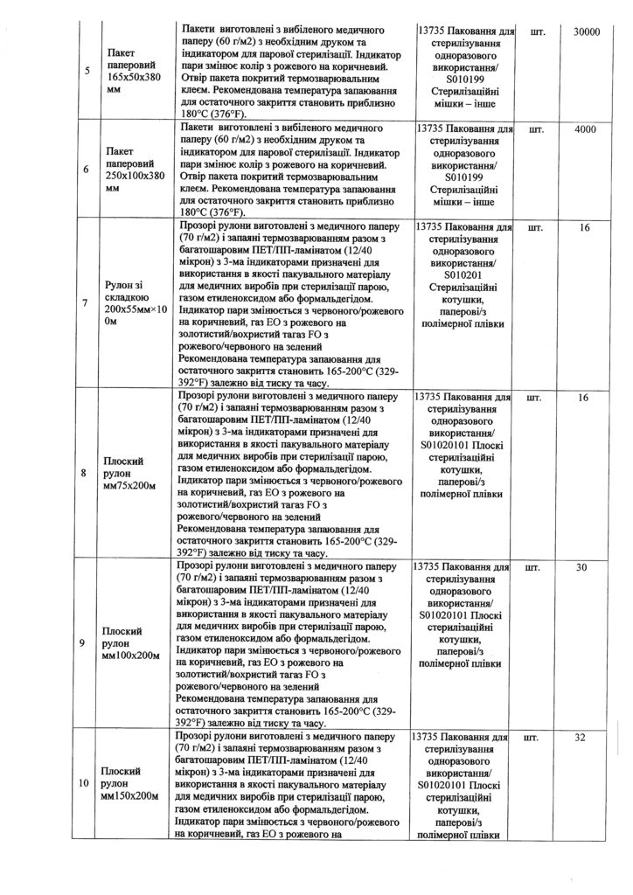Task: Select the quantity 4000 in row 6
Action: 585,129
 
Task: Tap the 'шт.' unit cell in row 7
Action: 534,228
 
